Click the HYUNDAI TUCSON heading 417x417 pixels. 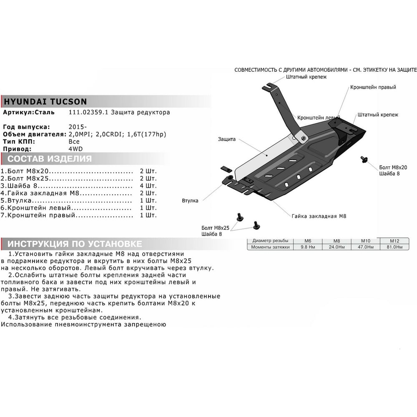tap(45, 102)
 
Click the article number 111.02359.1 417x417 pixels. tap(88, 112)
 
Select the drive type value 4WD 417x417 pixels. tap(75, 149)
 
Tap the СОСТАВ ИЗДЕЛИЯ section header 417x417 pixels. tap(50, 159)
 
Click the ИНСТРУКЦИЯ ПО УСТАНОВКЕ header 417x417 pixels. tap(75, 244)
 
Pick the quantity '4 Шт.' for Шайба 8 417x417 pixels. tap(148, 186)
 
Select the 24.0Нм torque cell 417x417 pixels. tap(337, 247)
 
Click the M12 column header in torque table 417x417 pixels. tap(394, 241)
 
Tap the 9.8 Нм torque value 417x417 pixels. tap(308, 247)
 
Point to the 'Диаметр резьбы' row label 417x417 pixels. tap(270, 241)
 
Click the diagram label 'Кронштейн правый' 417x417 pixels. tap(373, 87)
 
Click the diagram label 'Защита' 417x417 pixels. tap(226, 139)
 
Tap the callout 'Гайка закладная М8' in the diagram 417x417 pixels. tap(319, 216)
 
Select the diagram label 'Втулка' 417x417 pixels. tap(190, 201)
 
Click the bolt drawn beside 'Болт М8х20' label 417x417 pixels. tap(364, 159)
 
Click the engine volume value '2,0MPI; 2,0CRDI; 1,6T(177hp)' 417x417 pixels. tap(117, 134)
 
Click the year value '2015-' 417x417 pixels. tap(78, 127)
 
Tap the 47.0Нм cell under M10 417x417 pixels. tap(366, 247)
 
